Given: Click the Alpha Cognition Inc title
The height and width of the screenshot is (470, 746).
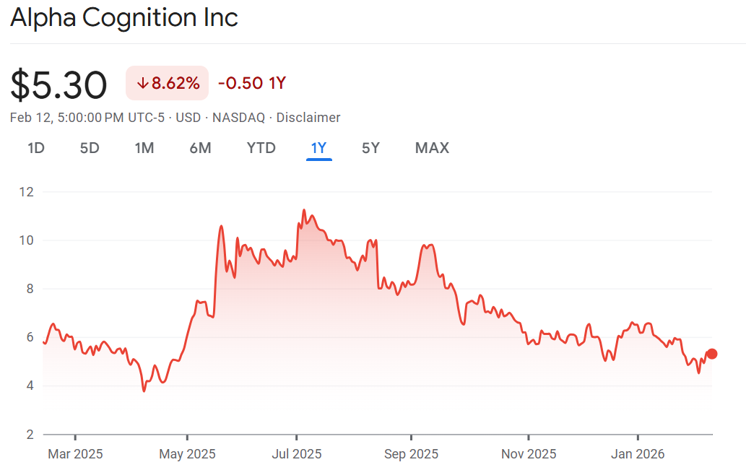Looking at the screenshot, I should (124, 17).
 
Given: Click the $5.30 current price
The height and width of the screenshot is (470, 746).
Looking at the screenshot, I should (58, 85).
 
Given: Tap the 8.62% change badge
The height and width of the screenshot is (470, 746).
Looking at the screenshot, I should (168, 83).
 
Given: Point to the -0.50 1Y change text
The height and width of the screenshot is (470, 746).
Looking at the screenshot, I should (252, 83).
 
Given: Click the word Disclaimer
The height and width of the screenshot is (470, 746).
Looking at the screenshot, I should (308, 118).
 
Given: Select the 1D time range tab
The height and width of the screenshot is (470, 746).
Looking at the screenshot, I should (36, 148).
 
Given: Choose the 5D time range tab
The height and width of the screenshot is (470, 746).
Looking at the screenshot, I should (90, 148).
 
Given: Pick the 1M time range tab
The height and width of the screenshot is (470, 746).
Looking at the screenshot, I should (144, 148).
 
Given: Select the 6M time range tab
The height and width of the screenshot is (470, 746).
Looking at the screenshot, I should (200, 148).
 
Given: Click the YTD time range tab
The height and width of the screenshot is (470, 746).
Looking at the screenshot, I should (261, 148).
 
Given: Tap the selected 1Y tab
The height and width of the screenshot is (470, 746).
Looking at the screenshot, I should (318, 148).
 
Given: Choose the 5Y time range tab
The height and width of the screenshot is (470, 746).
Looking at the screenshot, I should (370, 148).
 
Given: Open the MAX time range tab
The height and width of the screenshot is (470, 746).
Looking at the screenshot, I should (432, 148).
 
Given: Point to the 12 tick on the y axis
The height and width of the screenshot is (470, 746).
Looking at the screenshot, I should (27, 192).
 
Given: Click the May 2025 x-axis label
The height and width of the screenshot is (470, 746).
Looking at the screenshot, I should (187, 454).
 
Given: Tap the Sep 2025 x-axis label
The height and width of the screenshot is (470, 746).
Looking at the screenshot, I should (411, 454).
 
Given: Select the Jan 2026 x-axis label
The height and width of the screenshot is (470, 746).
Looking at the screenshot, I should (638, 454).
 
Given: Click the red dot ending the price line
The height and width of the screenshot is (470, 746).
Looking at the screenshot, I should (712, 354).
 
